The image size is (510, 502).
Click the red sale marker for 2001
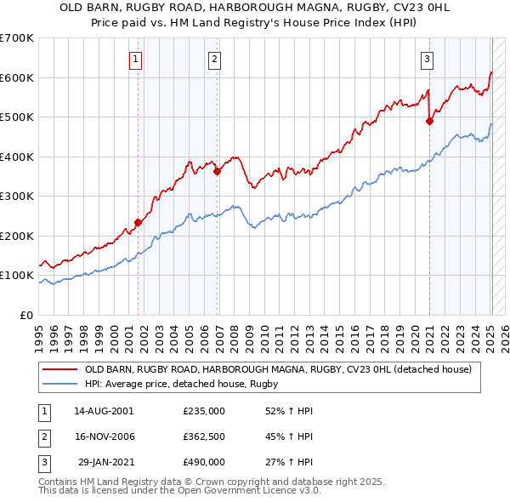[138, 223]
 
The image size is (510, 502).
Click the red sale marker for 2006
[218, 171]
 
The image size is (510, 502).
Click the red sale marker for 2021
[429, 121]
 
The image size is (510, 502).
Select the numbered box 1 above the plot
[136, 59]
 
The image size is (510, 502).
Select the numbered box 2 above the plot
[213, 59]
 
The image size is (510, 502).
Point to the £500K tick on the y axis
[19, 117]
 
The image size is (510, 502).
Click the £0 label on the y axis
[26, 315]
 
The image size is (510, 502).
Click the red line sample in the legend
[59, 369]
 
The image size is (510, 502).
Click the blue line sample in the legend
[59, 384]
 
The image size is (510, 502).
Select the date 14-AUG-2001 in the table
[104, 411]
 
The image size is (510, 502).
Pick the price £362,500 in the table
[204, 436]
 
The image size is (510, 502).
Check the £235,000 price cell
[204, 411]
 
